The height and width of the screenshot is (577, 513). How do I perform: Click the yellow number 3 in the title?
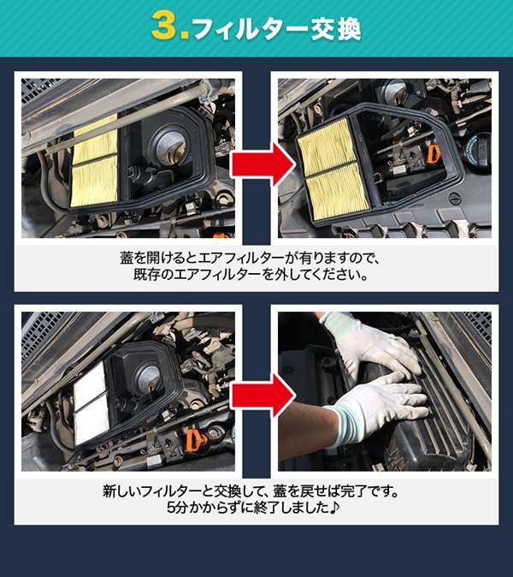point(165,27)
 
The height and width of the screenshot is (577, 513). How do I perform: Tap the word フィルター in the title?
point(246,28)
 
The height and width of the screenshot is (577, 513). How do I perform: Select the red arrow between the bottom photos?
point(256,393)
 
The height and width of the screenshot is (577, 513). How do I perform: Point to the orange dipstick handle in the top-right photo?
point(433,156)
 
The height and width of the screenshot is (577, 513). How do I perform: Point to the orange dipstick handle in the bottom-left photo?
point(192,443)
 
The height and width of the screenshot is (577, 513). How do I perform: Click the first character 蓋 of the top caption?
point(127,258)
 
